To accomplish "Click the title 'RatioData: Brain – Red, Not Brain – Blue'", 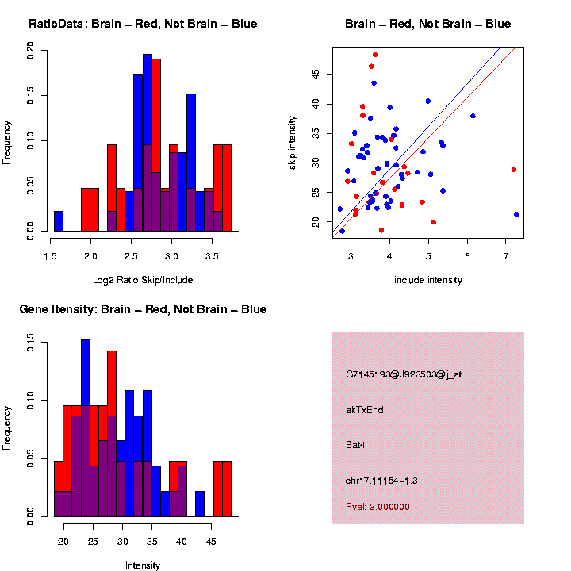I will pyautogui.click(x=143, y=24).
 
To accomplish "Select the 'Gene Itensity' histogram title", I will pyautogui.click(x=143, y=309).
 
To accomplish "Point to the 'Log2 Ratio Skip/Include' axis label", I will pyautogui.click(x=143, y=279).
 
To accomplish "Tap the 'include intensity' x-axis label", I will pyautogui.click(x=428, y=279).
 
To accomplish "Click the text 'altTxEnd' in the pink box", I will pyautogui.click(x=365, y=410).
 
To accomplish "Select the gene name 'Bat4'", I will pyautogui.click(x=355, y=445).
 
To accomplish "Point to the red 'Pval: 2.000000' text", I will pyautogui.click(x=377, y=506).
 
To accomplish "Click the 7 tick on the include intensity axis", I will pyautogui.click(x=506, y=255).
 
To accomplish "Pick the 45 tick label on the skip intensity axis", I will pyautogui.click(x=315, y=74).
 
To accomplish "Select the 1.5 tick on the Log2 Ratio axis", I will pyautogui.click(x=51, y=255).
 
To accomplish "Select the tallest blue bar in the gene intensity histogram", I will pyautogui.click(x=86, y=428).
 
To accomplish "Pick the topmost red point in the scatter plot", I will pyautogui.click(x=375, y=55).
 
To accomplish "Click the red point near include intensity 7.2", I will pyautogui.click(x=514, y=170).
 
